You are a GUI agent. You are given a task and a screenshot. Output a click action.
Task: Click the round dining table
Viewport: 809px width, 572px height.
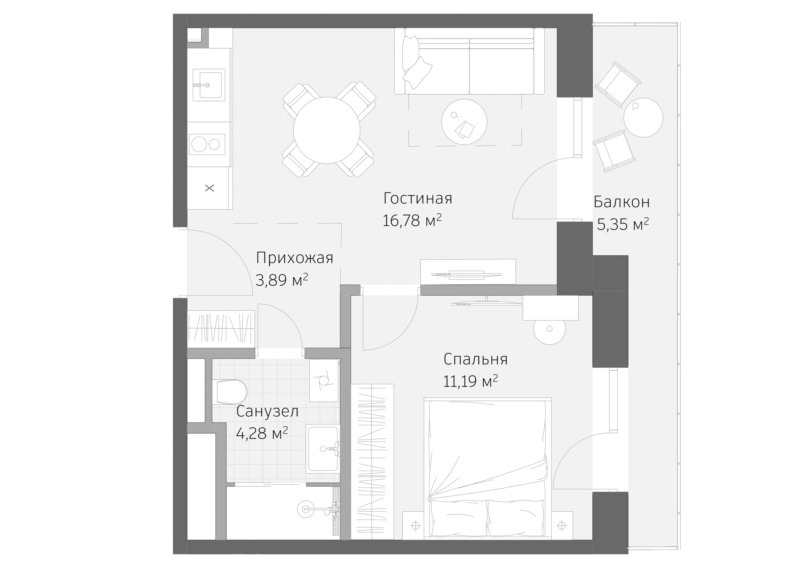(x=327, y=130)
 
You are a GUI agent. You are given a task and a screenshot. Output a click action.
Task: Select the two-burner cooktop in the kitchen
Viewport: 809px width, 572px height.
(x=207, y=144)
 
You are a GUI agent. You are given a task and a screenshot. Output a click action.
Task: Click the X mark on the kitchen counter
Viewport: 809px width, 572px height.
(x=210, y=188)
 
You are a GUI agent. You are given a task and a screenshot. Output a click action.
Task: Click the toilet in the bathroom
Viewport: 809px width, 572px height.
(x=231, y=392)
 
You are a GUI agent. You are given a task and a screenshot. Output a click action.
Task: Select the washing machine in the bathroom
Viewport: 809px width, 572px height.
(x=324, y=380)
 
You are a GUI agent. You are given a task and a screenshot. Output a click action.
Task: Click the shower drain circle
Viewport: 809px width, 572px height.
(x=306, y=509)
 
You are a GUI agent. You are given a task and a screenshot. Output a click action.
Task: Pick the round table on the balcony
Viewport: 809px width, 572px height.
(x=643, y=118)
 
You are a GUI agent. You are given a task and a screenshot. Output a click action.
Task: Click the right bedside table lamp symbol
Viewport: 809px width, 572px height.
(x=562, y=526)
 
